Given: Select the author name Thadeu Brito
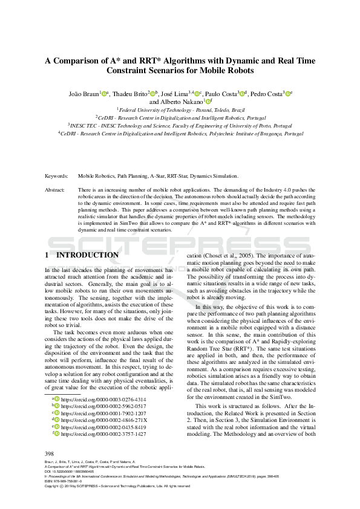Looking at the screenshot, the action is coord(131,94).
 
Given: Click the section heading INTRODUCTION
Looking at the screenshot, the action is coord(87,256).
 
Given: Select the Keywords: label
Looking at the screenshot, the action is coord(56,176).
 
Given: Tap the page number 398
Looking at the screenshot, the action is coord(50,453).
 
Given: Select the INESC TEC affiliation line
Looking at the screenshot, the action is coord(180,125).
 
